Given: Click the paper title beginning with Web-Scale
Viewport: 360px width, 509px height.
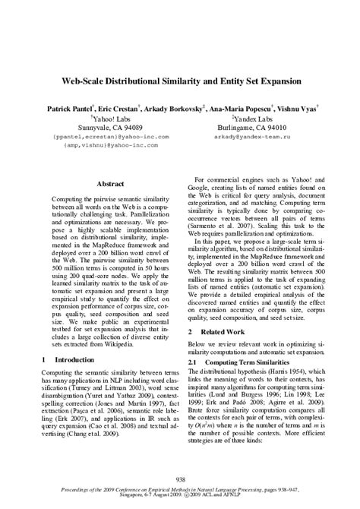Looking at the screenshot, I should (x=180, y=80).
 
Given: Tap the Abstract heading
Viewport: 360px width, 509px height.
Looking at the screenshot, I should (x=112, y=184).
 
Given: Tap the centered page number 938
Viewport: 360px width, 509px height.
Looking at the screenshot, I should (x=180, y=479).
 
